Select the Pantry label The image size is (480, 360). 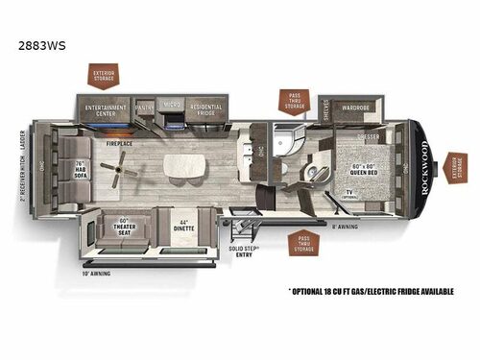[x=146, y=108]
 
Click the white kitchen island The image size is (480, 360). [x=183, y=166]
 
